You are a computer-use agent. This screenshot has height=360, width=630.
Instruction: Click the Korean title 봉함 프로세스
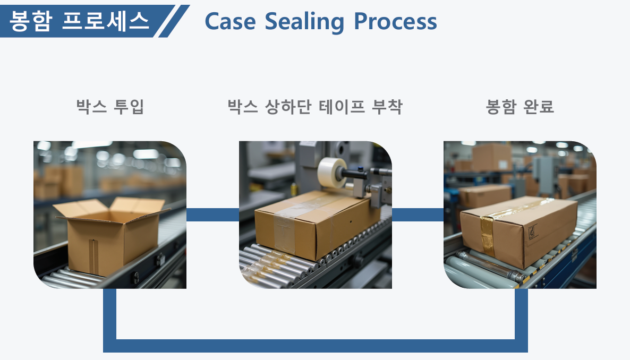click(79, 21)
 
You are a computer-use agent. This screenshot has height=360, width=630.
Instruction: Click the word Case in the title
click(230, 21)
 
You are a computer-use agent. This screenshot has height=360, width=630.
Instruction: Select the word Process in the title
click(395, 21)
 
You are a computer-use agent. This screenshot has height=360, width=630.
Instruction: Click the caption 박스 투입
click(110, 107)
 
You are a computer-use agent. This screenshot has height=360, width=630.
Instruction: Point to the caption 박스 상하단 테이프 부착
click(315, 107)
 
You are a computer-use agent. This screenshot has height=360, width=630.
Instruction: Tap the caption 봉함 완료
click(520, 107)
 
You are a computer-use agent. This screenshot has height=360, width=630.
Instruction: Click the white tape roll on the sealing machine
click(333, 172)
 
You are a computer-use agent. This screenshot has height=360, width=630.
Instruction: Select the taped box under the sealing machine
click(317, 224)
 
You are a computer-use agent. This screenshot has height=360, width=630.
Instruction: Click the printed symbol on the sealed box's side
click(533, 232)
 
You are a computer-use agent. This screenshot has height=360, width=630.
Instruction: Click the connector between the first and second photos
click(212, 215)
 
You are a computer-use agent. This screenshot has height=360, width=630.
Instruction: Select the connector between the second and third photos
click(418, 215)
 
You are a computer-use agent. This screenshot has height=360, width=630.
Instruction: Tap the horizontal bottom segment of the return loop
click(316, 346)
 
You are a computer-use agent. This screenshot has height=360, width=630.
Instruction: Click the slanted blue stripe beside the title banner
click(174, 21)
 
